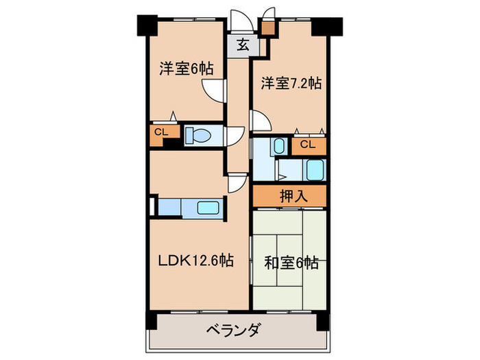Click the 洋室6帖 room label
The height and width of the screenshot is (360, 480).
coord(187,69)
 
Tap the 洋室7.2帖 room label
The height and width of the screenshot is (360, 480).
coord(291,84)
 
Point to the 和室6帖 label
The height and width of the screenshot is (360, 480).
coord(288,261)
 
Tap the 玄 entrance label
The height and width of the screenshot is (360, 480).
coord(243,46)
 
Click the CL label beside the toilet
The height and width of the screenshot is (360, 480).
coord(161,132)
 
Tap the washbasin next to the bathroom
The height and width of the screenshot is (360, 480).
coord(278,145)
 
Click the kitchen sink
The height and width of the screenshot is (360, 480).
coord(208,207)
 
